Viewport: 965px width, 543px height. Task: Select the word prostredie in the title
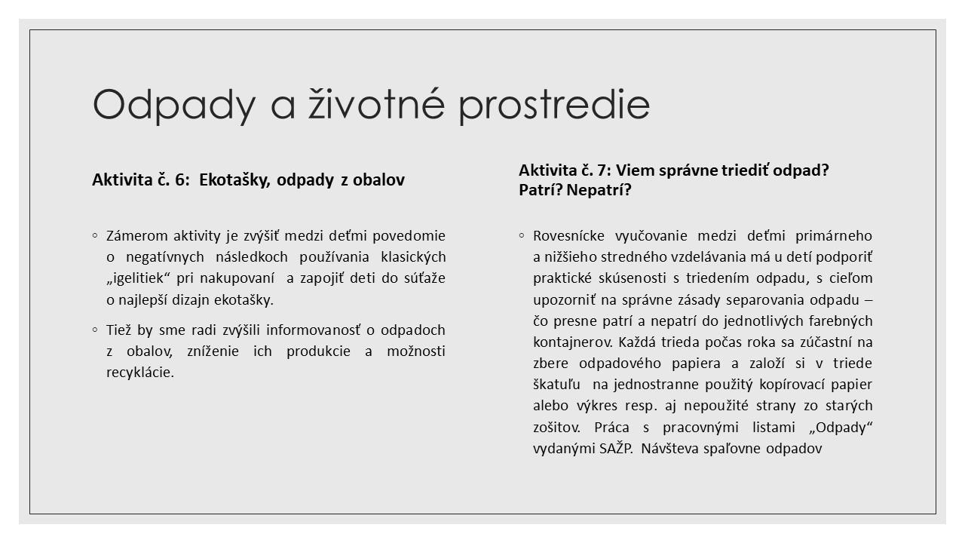pyautogui.click(x=554, y=105)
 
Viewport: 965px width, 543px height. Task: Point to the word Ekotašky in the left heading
pyautogui.click(x=234, y=180)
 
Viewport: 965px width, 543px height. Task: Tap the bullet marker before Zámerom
pyautogui.click(x=95, y=235)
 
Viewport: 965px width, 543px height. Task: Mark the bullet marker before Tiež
pyautogui.click(x=95, y=330)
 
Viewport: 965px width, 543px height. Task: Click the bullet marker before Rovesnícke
pyautogui.click(x=522, y=235)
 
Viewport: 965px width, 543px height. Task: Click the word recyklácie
pyautogui.click(x=140, y=373)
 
